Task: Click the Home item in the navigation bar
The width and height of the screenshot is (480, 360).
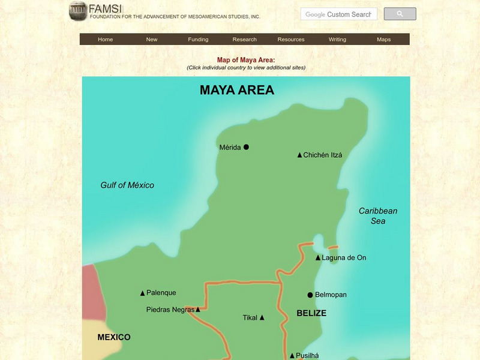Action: pos(105,40)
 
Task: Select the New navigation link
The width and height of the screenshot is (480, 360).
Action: pos(152,40)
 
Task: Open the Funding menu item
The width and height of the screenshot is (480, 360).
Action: pos(198,40)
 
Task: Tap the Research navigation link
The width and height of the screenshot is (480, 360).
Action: pos(244,40)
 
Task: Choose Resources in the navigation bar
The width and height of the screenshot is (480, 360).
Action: pos(291,40)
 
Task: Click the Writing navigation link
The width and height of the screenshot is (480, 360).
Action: pos(337,40)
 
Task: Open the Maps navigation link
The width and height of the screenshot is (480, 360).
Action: pos(383,40)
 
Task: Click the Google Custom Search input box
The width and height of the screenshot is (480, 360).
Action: pos(339,14)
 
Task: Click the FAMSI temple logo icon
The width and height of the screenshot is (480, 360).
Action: pos(77,10)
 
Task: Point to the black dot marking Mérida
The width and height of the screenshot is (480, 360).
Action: pos(246,147)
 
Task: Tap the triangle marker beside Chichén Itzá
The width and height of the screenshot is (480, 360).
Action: pos(299,155)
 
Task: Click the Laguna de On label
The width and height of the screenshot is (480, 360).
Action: pos(344,258)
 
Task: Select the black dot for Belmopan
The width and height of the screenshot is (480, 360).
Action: pos(310,295)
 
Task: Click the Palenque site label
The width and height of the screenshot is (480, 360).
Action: pos(161,293)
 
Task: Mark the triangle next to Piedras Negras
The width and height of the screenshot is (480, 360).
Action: pos(197,310)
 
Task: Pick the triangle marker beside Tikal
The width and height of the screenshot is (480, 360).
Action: pos(262,318)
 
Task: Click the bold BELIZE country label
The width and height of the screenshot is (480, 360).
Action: pos(311,313)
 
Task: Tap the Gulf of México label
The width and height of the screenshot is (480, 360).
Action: pos(127,185)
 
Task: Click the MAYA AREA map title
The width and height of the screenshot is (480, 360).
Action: pos(236,91)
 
